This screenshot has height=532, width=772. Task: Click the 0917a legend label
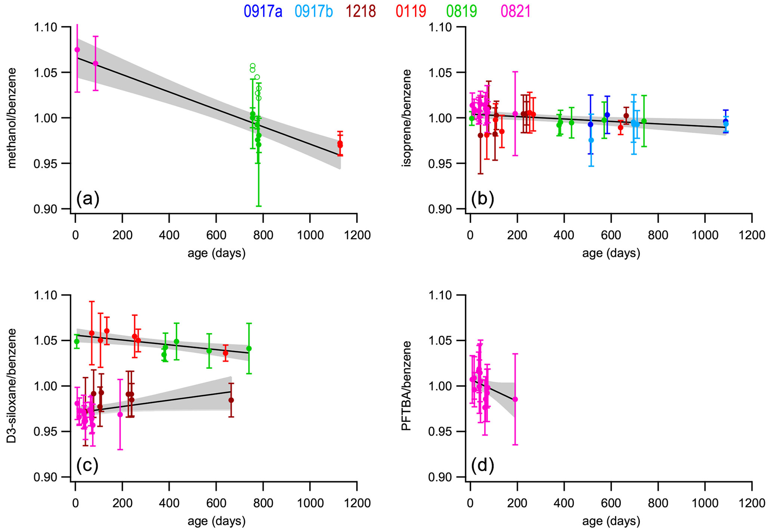tap(263, 11)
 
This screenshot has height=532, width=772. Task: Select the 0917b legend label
tap(314, 11)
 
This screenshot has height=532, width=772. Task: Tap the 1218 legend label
tap(360, 11)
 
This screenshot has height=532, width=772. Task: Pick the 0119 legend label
tap(411, 11)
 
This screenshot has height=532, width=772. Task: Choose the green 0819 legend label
tap(462, 11)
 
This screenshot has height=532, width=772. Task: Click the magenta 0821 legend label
tap(515, 11)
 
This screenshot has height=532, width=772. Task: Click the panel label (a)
tap(88, 199)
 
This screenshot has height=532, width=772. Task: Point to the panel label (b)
tap(482, 199)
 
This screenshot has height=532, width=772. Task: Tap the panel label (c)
tap(87, 465)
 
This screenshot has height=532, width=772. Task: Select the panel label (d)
tap(482, 465)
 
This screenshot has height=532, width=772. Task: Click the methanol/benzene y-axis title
tap(12, 118)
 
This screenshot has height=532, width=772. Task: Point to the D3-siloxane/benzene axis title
tap(12, 386)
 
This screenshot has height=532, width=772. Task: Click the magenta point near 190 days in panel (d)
tap(515, 399)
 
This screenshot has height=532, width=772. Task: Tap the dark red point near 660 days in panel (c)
tap(231, 400)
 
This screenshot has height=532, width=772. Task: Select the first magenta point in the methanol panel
tap(77, 50)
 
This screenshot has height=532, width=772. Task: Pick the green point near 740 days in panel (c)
tap(249, 348)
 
